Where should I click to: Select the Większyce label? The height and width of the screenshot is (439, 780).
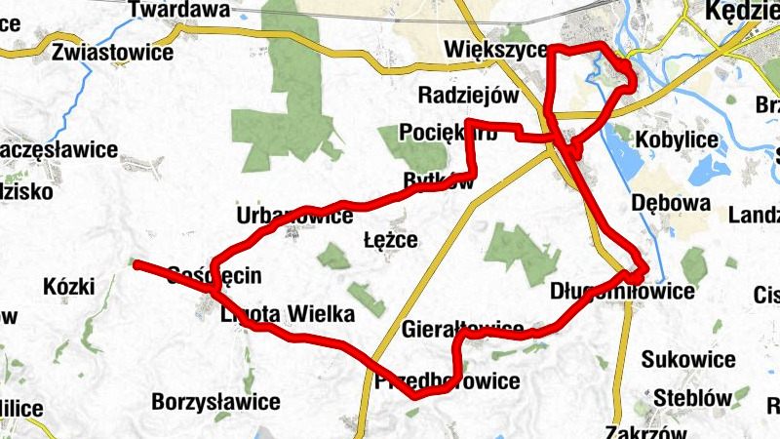pos(494,50)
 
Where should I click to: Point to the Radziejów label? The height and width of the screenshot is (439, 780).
pos(467,96)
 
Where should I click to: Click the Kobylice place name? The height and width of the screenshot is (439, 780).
pos(677,140)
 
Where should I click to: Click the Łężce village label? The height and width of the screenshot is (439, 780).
pos(390,240)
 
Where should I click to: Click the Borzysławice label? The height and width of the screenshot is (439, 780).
pos(216,402)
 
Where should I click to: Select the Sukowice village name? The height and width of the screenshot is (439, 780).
pos(688,360)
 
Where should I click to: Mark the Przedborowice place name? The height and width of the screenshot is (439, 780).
pos(448,381)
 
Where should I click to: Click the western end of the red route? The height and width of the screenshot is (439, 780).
pos(136,263)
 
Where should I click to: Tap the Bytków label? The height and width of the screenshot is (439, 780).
pos(439,181)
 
